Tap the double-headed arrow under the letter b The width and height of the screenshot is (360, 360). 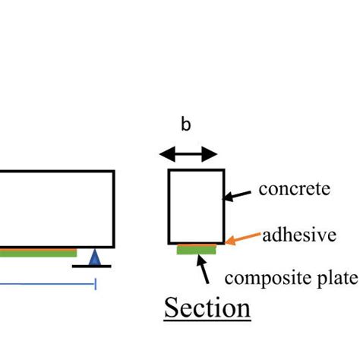pyautogui.click(x=188, y=154)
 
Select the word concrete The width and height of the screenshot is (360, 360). pyautogui.click(x=295, y=188)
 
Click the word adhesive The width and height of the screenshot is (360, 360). pyautogui.click(x=299, y=235)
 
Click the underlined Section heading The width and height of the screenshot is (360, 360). pyautogui.click(x=208, y=308)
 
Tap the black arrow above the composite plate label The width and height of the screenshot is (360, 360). pyautogui.click(x=203, y=267)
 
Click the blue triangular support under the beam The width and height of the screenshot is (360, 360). pyautogui.click(x=94, y=258)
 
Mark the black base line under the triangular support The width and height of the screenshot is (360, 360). pyautogui.click(x=93, y=267)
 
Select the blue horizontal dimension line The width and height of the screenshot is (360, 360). pyautogui.click(x=46, y=284)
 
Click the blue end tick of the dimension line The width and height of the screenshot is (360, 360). pyautogui.click(x=96, y=284)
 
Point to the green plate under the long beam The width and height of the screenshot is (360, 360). pyautogui.click(x=38, y=252)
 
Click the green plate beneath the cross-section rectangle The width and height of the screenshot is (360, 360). pyautogui.click(x=196, y=250)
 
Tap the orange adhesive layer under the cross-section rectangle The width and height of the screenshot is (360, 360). pyautogui.click(x=196, y=245)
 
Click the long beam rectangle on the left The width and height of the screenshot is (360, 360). pyautogui.click(x=57, y=209)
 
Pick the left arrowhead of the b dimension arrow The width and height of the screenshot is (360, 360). pyautogui.click(x=164, y=154)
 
